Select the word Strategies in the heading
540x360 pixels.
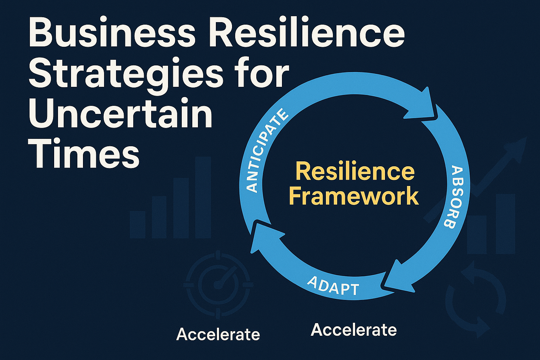125,75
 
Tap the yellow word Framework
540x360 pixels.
354,196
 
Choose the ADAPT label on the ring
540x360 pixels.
333,286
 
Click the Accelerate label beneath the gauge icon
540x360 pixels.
218,334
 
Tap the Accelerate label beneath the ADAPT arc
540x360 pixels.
354,330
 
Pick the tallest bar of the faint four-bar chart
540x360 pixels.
203,197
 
